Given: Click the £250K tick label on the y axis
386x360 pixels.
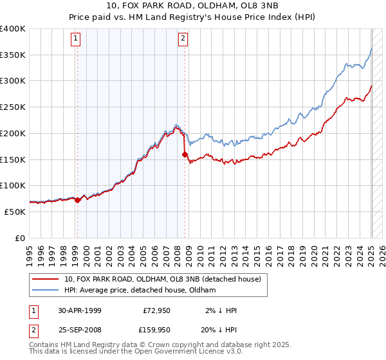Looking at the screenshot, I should [13, 107].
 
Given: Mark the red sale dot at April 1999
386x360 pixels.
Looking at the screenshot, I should [77, 200].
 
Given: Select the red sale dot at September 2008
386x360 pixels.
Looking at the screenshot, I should [185, 154].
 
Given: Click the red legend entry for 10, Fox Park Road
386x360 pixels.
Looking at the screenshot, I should [162, 279].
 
